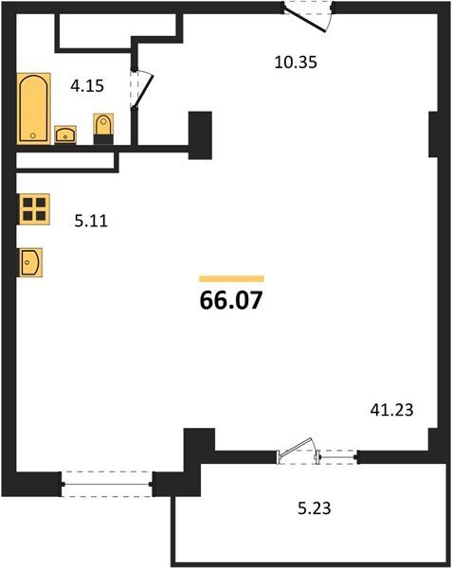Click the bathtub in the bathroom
(x=33, y=108)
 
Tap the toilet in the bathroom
(x=103, y=129)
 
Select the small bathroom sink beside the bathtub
(x=65, y=134)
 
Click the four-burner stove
(x=34, y=209)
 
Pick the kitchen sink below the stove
(x=30, y=262)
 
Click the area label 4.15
(x=87, y=86)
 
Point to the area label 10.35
(x=296, y=62)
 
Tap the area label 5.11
(x=91, y=221)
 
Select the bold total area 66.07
(x=231, y=300)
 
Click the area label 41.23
(x=392, y=410)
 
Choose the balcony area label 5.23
(x=315, y=508)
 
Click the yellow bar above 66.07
(x=231, y=278)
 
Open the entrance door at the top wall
(x=308, y=17)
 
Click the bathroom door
(x=142, y=89)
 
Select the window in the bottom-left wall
(x=107, y=484)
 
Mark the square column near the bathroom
(x=200, y=135)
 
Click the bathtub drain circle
(x=33, y=135)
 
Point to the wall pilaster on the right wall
(x=433, y=134)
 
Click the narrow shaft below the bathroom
(x=65, y=161)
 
